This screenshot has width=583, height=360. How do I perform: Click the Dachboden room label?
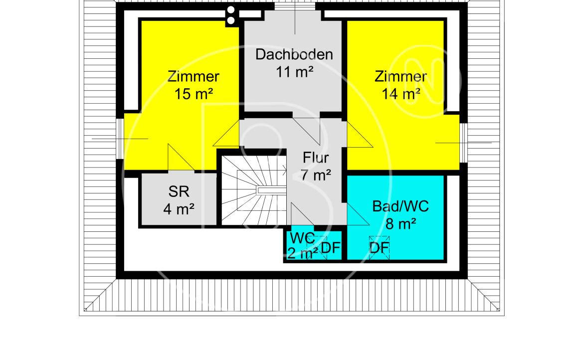(294, 55)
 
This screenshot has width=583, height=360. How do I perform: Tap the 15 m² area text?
(194, 94)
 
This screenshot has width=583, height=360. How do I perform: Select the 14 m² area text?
(401, 94)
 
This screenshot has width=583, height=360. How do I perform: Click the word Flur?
(316, 158)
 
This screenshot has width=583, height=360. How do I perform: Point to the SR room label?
(179, 191)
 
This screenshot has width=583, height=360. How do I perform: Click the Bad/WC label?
(400, 206)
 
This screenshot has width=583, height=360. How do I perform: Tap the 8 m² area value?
(400, 224)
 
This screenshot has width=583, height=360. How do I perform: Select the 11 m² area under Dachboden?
(294, 72)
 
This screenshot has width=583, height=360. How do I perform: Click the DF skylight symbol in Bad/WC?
(379, 247)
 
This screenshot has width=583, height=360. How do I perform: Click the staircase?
(254, 190)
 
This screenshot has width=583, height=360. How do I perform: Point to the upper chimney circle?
(231, 10)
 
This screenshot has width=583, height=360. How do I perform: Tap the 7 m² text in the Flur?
(316, 175)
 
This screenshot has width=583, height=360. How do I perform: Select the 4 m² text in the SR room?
(179, 209)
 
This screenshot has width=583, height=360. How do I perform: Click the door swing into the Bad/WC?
(358, 214)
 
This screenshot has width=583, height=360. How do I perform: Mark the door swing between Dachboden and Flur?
(306, 131)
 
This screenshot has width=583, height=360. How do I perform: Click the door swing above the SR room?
(181, 158)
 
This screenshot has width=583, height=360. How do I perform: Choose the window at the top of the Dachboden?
(295, 6)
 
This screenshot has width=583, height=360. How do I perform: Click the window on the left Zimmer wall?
(120, 139)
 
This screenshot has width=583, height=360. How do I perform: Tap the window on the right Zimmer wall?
(463, 143)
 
